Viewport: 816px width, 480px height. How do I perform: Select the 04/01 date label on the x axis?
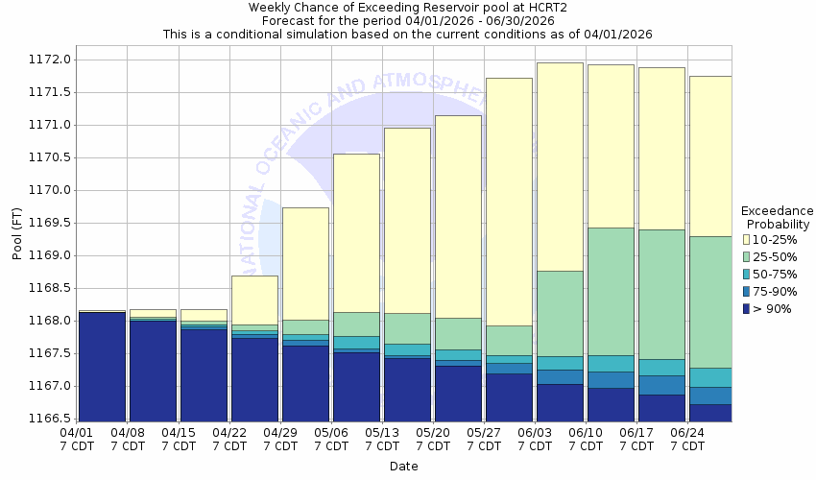78,433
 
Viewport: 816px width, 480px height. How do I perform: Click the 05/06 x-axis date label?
331,433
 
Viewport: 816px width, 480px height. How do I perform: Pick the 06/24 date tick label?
687,433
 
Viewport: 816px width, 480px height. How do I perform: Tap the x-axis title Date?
403,467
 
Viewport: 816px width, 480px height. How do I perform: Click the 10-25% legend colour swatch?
746,239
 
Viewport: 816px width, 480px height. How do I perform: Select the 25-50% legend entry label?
775,256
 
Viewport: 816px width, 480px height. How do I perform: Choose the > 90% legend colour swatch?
746,308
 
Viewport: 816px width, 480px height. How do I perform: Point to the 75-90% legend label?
775,291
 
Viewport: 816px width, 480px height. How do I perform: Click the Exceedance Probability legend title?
778,217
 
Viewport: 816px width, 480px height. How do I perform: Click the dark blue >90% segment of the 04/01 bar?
102,365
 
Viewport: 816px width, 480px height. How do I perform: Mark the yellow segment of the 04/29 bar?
305,263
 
